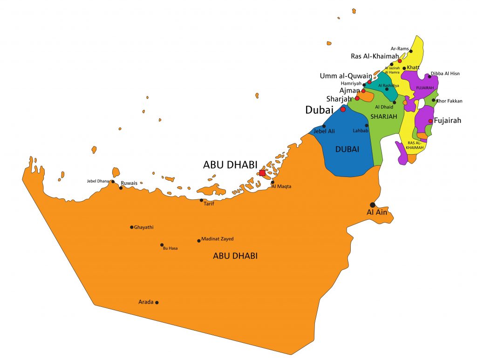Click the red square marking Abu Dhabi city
pos(262,173)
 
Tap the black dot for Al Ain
pos(372,205)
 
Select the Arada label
pos(146,302)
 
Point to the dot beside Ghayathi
pos(131,227)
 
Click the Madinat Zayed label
pos(218,239)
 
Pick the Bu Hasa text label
pos(170,249)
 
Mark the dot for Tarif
pos(201,200)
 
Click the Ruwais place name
pos(129,183)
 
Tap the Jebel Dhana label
pos(97,181)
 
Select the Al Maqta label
pos(281,187)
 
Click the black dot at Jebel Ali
pos(324,126)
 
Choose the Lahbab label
pos(361,131)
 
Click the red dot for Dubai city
pos(343,109)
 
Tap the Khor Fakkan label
pos(449,101)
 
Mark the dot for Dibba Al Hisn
pos(429,76)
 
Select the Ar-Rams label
pos(399,48)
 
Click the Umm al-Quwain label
pos(346,76)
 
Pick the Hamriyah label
pos(351,83)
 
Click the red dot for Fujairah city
pos(430,121)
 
